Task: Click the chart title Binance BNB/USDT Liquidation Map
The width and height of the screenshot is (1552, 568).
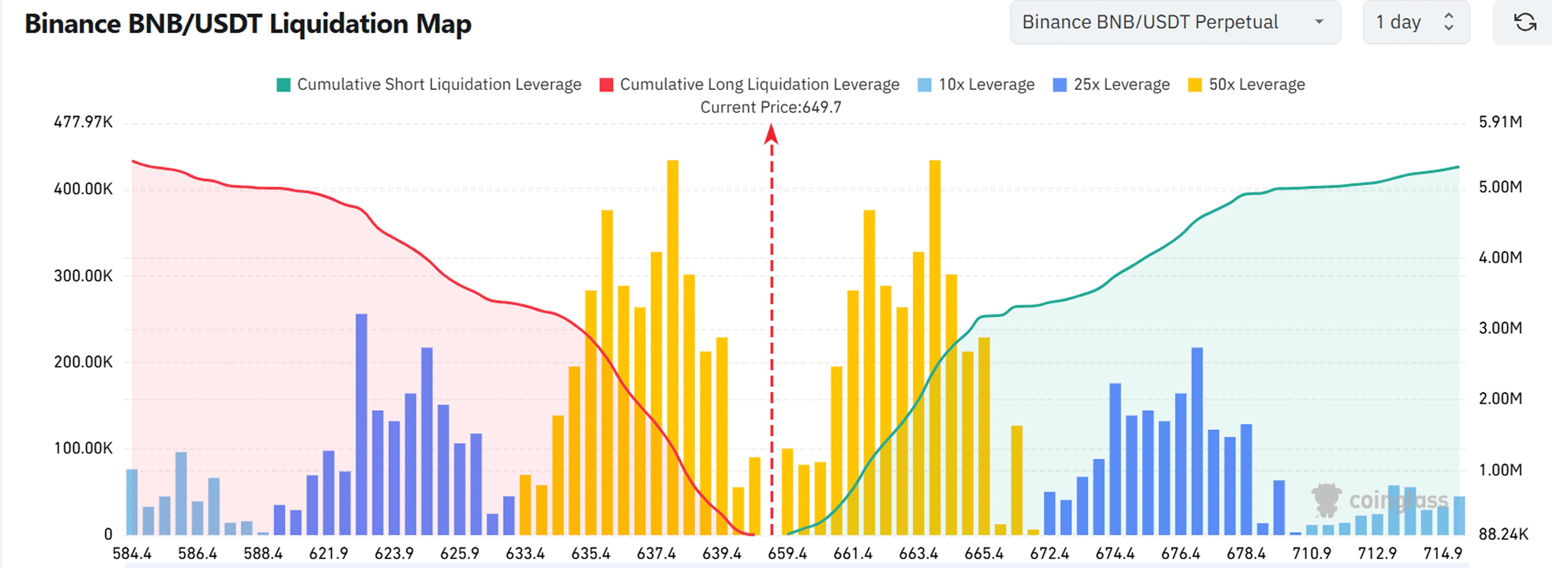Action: tap(248, 24)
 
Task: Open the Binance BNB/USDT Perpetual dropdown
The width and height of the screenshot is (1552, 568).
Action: tap(1174, 22)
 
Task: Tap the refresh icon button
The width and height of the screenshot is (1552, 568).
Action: tap(1524, 22)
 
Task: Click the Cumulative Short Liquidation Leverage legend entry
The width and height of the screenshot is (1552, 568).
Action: tap(428, 84)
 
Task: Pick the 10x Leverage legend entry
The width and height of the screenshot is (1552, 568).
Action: tap(976, 84)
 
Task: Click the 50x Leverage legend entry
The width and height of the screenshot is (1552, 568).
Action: tap(1246, 84)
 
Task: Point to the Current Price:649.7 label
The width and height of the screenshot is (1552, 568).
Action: tap(771, 107)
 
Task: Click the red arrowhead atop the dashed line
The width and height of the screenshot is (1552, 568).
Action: tap(771, 134)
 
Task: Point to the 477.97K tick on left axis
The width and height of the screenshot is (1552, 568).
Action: tap(83, 122)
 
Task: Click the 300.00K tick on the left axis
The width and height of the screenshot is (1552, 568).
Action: tap(83, 276)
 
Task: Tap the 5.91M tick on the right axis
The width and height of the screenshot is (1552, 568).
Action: tap(1500, 122)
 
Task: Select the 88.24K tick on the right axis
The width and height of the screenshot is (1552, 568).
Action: tap(1503, 534)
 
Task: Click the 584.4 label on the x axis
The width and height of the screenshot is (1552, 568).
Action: tap(132, 553)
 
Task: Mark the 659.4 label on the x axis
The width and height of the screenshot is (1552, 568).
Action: tap(787, 553)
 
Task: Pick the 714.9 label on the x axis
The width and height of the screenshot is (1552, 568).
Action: tap(1442, 553)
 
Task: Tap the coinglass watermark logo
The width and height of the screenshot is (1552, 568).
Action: tap(1380, 500)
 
